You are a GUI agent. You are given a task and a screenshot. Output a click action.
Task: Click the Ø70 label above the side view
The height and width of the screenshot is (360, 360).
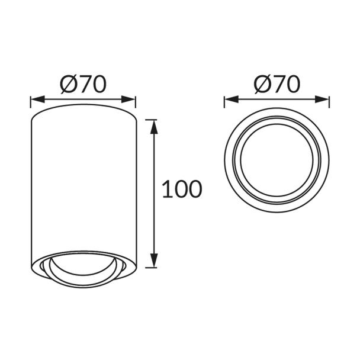point(83,85)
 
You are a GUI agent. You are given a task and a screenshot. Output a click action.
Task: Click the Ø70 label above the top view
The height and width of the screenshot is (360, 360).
point(277,85)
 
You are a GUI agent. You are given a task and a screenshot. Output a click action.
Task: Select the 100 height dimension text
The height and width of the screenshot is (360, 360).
point(182,189)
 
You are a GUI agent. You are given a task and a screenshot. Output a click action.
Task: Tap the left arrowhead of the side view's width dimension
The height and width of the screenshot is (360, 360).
point(37,99)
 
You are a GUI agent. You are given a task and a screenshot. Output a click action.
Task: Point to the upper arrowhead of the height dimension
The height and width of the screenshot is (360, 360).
point(154,127)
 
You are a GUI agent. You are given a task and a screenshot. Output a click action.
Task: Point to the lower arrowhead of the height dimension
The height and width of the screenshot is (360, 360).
point(154,261)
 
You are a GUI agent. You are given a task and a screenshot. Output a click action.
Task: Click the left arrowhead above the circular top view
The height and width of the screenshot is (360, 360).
point(231,99)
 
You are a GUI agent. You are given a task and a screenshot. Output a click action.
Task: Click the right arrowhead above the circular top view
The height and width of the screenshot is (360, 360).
point(322,99)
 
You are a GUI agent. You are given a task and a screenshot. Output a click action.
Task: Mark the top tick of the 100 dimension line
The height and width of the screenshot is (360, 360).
point(151,120)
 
